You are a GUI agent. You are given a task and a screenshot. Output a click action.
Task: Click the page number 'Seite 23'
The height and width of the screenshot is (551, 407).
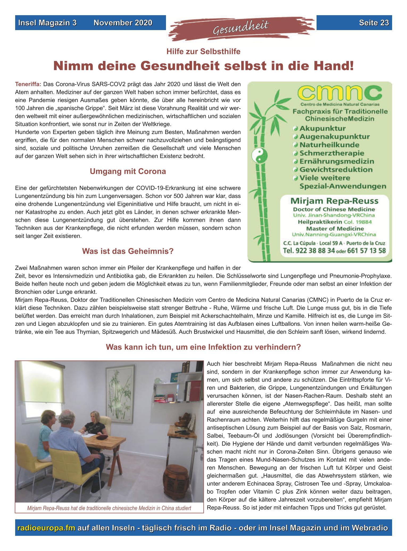coord(374,23)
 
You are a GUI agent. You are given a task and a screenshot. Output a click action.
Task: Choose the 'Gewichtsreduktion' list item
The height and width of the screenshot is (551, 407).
coord(336,169)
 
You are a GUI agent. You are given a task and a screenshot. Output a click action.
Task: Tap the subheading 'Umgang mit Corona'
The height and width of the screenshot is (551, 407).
coord(128,172)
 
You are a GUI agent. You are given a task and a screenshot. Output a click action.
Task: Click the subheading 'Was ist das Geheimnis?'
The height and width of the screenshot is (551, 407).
coord(128,251)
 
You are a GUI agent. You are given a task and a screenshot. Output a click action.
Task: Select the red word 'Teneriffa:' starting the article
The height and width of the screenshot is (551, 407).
coord(28,84)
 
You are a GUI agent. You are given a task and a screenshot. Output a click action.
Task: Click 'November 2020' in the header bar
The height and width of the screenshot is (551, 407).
coord(123,23)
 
